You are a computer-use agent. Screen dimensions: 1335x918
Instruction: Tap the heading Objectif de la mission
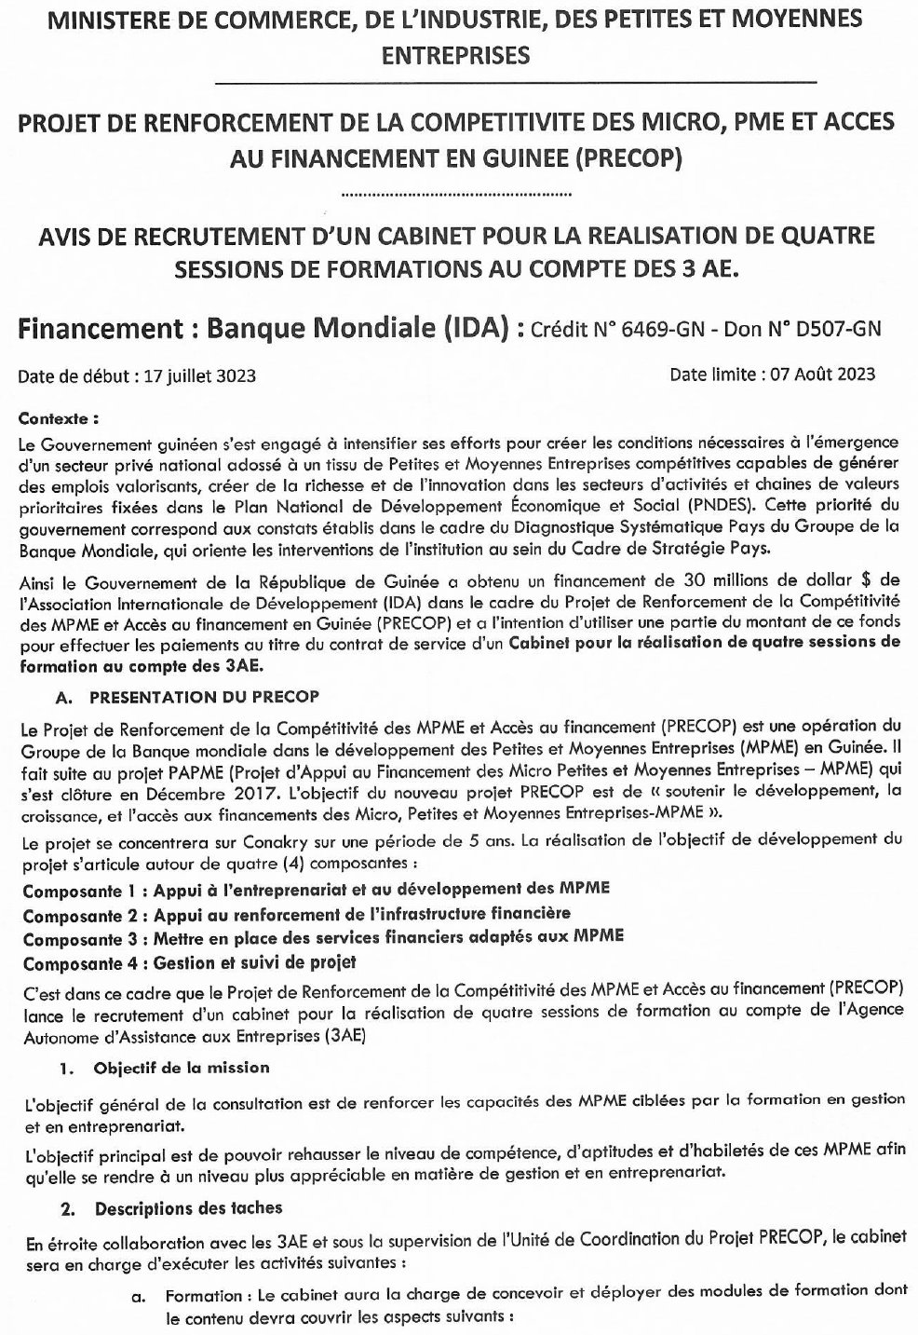(182, 1067)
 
